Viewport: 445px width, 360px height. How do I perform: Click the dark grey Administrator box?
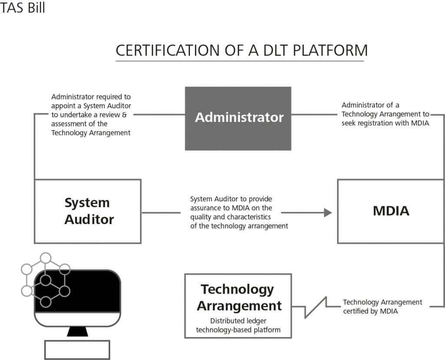[x=238, y=118]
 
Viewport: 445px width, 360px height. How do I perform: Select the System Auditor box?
[x=87, y=211]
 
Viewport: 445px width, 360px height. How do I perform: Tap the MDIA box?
[x=391, y=211]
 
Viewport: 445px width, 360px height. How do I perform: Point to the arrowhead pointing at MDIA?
[x=328, y=212]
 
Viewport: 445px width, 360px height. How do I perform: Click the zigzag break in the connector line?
[x=316, y=306]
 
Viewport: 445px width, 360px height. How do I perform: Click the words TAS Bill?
[x=23, y=8]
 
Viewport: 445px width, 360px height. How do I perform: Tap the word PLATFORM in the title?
[x=330, y=50]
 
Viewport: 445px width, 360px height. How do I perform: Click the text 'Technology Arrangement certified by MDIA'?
[x=382, y=306]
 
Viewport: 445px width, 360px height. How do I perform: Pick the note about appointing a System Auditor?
[x=91, y=115]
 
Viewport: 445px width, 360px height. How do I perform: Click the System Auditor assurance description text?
[x=239, y=212]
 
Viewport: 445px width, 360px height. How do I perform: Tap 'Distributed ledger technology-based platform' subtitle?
[x=238, y=325]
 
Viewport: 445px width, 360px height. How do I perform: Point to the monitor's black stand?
[x=77, y=332]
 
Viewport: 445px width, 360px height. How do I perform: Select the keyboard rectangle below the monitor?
[x=77, y=349]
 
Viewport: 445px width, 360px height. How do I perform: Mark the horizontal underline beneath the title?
[x=239, y=61]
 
